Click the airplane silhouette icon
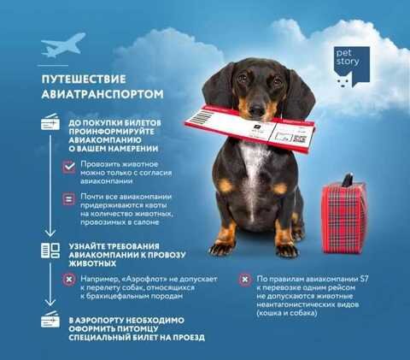tap(63, 45)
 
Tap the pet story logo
tap(352, 67)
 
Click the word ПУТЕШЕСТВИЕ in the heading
tap(84, 80)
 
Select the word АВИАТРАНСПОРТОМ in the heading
tap(102, 94)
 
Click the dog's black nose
tap(258, 109)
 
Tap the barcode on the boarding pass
tap(203, 117)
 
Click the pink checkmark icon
tap(69, 167)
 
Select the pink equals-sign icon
tap(69, 199)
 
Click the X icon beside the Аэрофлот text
tap(69, 280)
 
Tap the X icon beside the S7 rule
tap(245, 280)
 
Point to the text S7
tap(365, 279)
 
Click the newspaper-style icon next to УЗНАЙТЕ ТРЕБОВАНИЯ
tap(50, 251)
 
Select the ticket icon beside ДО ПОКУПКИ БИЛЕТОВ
tap(50, 121)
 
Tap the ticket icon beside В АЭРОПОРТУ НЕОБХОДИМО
tap(50, 319)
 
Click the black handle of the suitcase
tap(348, 180)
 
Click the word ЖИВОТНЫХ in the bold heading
tap(92, 263)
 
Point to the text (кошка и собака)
tap(287, 313)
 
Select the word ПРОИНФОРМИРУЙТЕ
tap(112, 132)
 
